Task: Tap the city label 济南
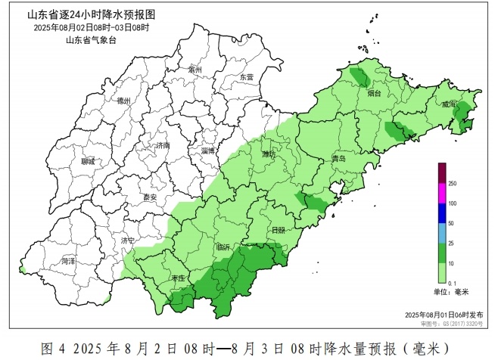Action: click(x=162, y=145)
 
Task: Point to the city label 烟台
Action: click(x=374, y=95)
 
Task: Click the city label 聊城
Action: click(x=89, y=161)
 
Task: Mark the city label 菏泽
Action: click(x=69, y=261)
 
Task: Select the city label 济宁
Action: click(x=128, y=241)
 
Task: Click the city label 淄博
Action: click(x=208, y=151)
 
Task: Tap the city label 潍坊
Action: click(x=268, y=154)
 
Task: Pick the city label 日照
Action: click(x=279, y=229)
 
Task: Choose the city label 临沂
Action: click(x=223, y=247)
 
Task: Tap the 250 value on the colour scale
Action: click(x=452, y=184)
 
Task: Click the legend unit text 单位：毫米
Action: click(x=452, y=291)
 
